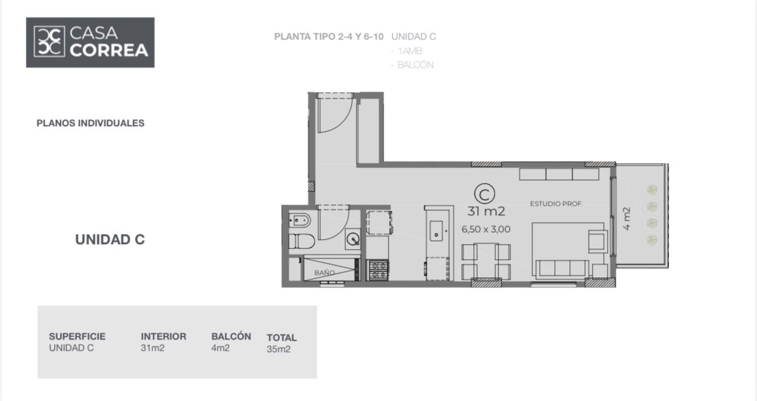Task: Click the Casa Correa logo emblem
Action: click(x=50, y=41)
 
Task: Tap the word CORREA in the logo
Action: click(x=109, y=50)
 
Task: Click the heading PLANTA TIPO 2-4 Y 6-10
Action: click(x=329, y=36)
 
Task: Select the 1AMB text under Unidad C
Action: click(x=410, y=51)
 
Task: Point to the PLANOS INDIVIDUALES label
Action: click(x=90, y=123)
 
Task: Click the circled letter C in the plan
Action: click(x=485, y=194)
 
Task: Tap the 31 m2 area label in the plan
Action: click(x=486, y=211)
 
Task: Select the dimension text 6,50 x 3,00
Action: click(x=486, y=230)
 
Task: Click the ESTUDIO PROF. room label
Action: click(x=556, y=204)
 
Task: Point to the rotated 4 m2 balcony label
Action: click(x=626, y=219)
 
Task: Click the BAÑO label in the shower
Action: click(x=325, y=272)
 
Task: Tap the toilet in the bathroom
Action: click(x=302, y=241)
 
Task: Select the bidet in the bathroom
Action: click(x=300, y=221)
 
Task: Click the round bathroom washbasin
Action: click(x=353, y=240)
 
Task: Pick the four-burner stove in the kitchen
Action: click(x=378, y=270)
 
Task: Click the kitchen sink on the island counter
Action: click(x=436, y=231)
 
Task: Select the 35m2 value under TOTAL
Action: click(x=279, y=350)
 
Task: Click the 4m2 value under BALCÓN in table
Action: click(x=220, y=348)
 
